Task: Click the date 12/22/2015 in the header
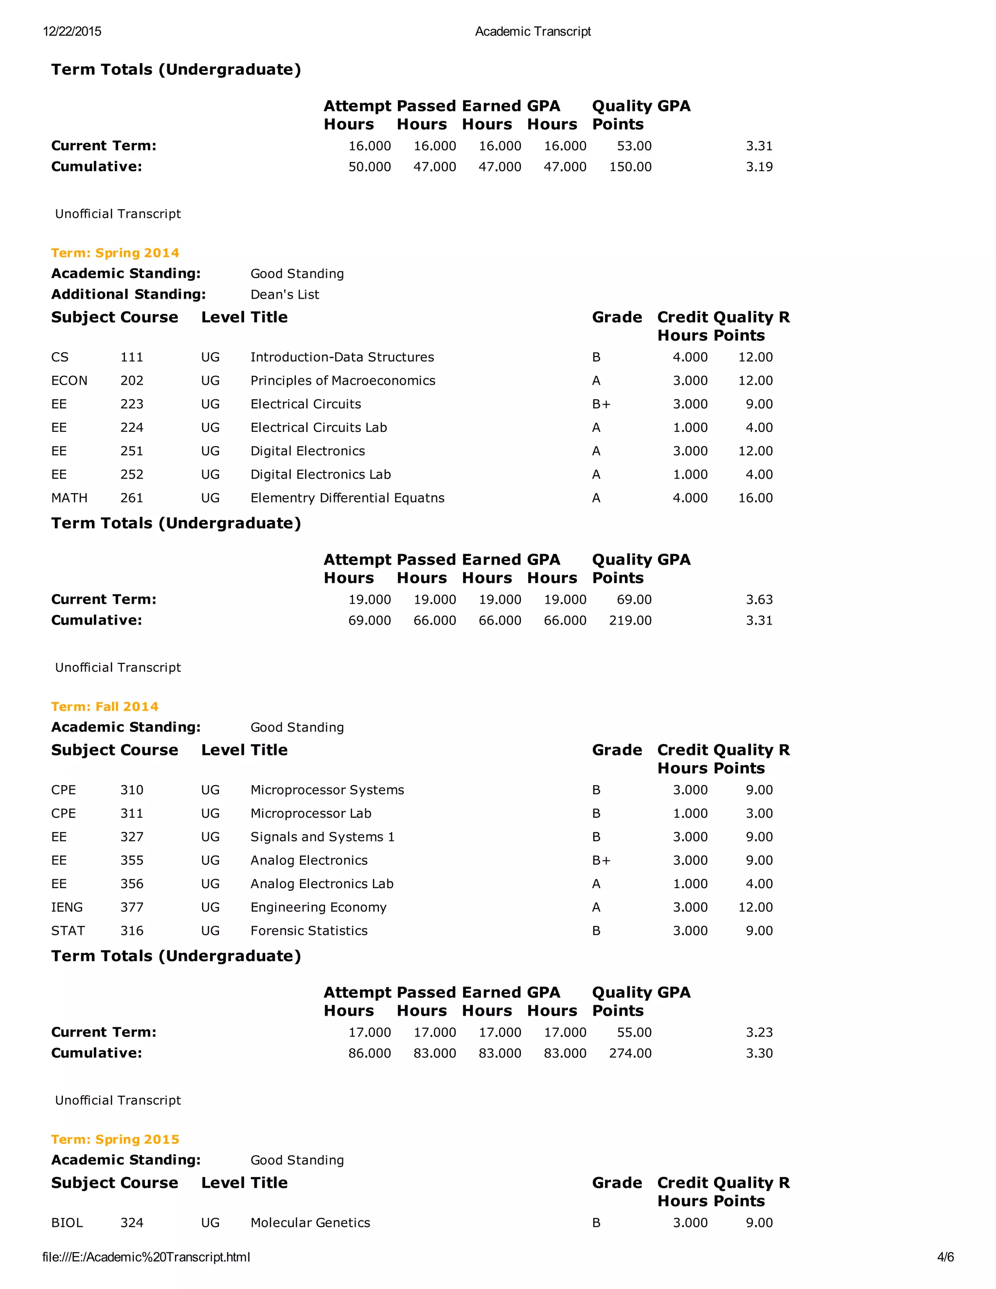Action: tap(72, 31)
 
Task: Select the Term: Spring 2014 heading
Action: tap(115, 252)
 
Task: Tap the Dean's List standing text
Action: tap(285, 294)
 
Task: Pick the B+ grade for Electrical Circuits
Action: tap(601, 404)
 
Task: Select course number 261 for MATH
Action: tap(132, 498)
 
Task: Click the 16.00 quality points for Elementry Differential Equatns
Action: tap(755, 498)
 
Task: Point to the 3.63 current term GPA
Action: tap(759, 599)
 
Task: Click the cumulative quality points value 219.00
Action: tap(630, 620)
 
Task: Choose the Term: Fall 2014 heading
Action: tap(105, 706)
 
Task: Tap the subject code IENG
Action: tap(67, 907)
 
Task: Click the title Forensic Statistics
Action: tap(309, 931)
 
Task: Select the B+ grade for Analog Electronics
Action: tap(601, 860)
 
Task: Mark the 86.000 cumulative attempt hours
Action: tap(370, 1053)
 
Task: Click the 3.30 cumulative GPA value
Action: tap(759, 1053)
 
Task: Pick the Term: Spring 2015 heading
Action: tap(115, 1139)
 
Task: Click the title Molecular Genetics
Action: tap(310, 1222)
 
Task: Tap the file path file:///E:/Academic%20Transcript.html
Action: tap(146, 1256)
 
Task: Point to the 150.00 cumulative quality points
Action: tap(630, 166)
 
